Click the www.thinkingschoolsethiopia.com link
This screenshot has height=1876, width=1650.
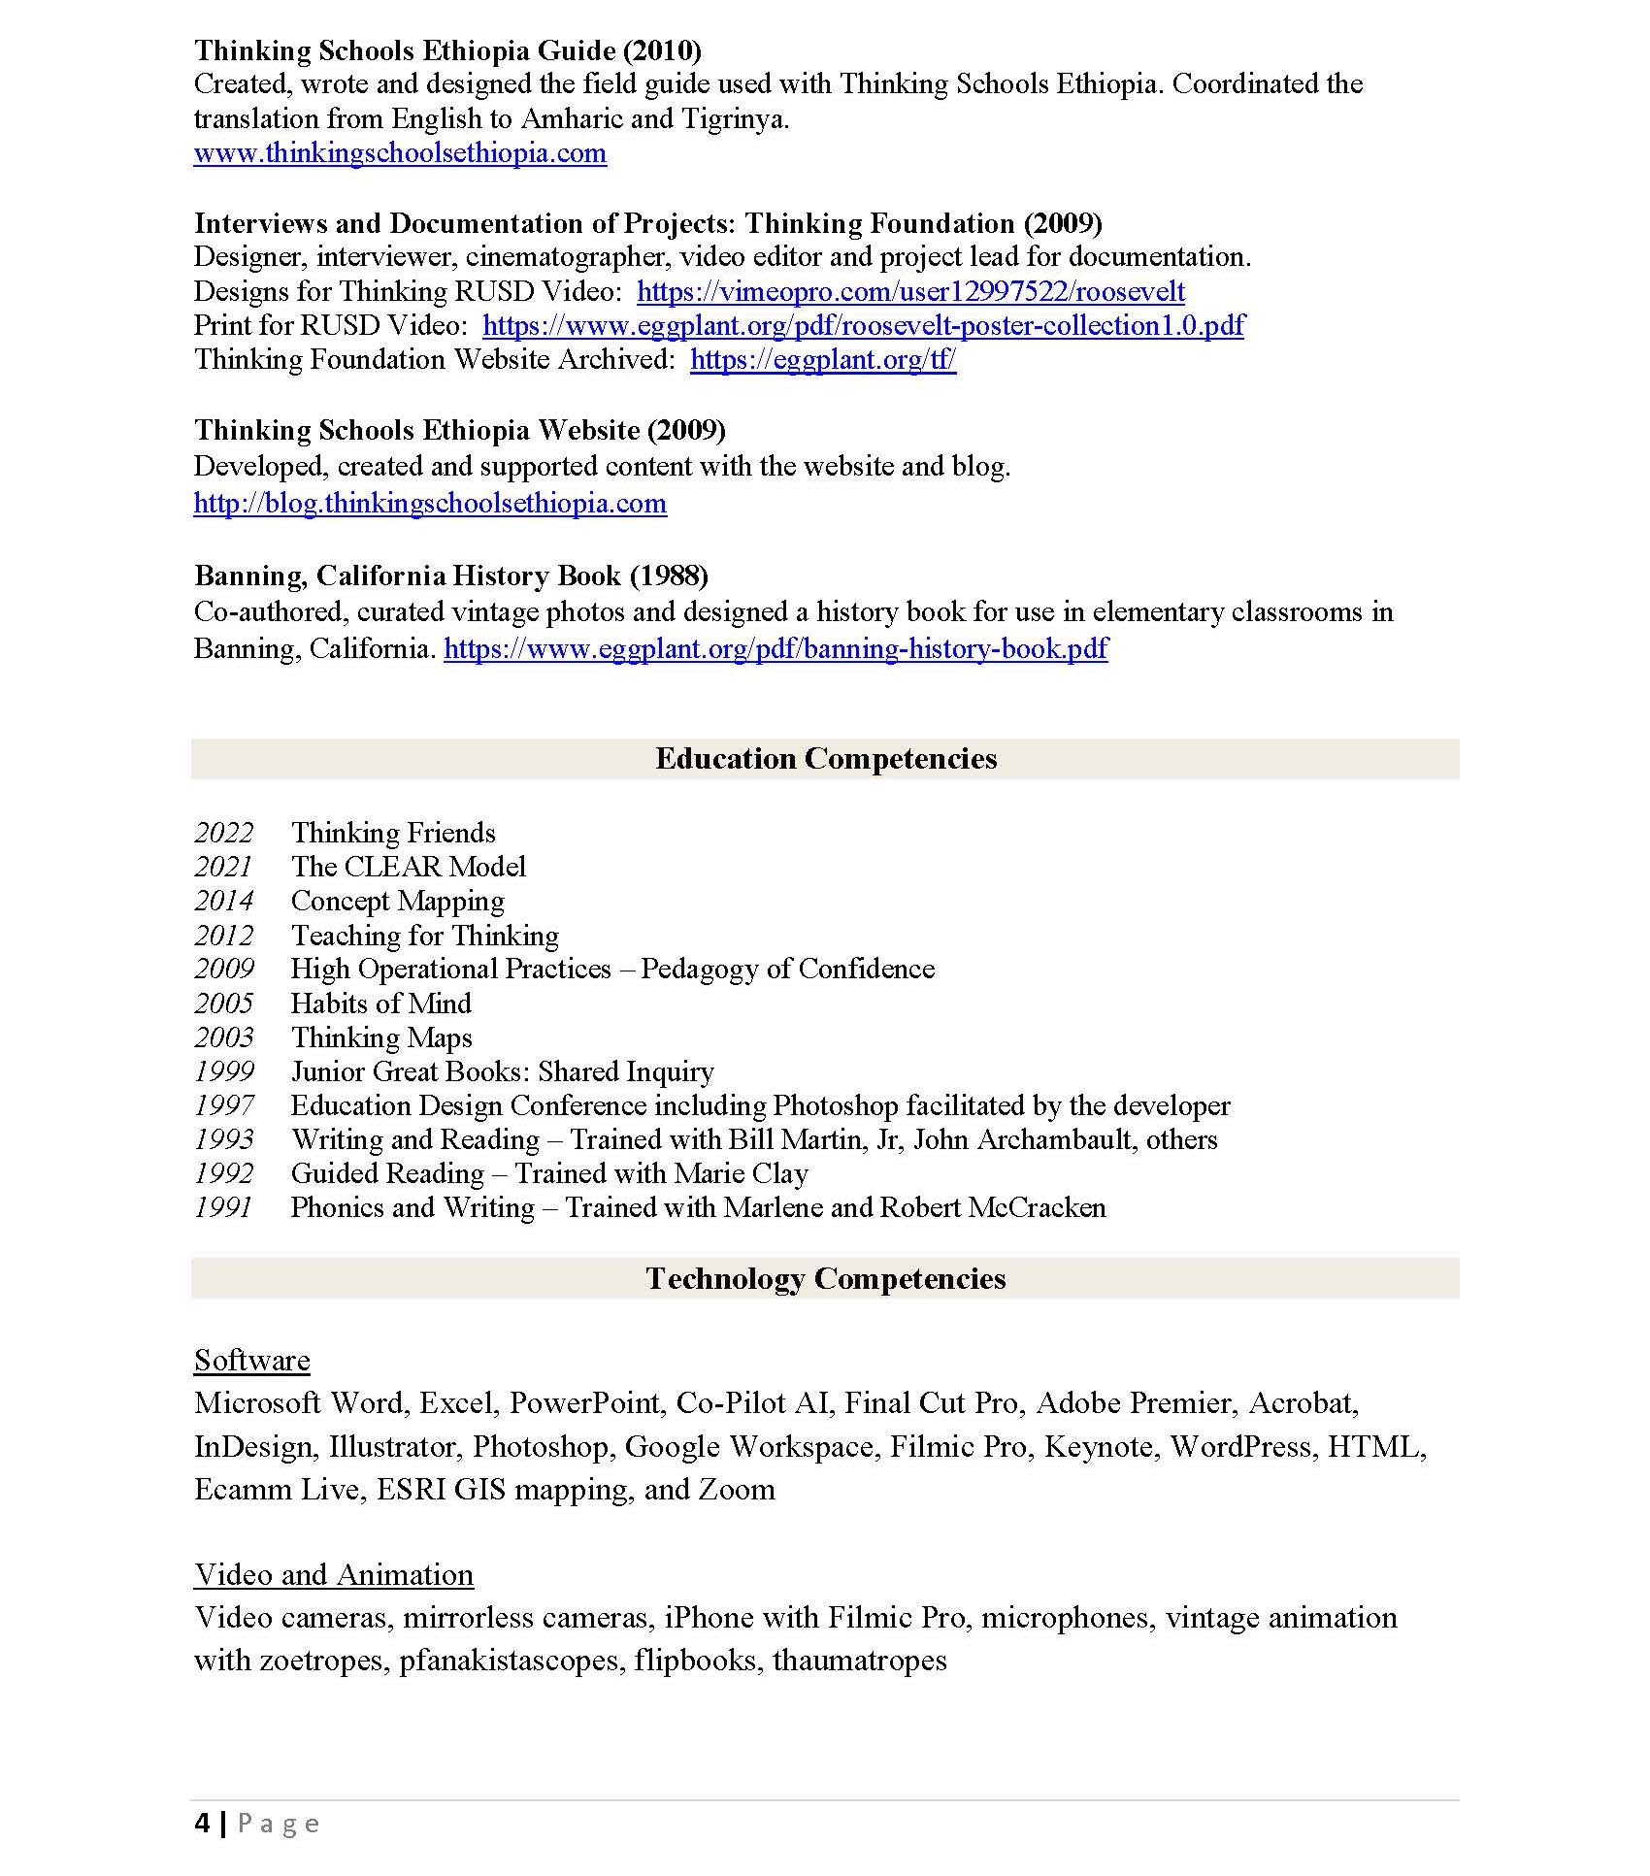click(400, 153)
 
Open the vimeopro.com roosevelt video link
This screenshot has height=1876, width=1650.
click(910, 291)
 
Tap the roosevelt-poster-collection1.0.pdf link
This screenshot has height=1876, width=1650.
click(863, 325)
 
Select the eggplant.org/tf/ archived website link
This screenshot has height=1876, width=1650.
click(823, 360)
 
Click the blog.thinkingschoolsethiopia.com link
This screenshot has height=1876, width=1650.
click(430, 504)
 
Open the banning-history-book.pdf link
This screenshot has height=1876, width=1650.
click(775, 648)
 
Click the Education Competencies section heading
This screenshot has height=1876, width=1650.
click(825, 759)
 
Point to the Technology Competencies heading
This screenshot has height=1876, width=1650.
click(825, 1279)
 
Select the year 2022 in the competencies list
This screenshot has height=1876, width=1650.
click(223, 833)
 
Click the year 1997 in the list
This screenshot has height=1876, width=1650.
click(223, 1105)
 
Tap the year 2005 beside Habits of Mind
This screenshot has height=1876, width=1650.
click(223, 1004)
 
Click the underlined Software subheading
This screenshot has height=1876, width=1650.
click(251, 1361)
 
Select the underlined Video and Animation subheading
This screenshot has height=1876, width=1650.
click(333, 1575)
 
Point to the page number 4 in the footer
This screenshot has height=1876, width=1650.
click(202, 1825)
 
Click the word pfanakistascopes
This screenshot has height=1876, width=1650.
click(511, 1661)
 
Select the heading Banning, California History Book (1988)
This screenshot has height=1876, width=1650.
click(450, 576)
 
